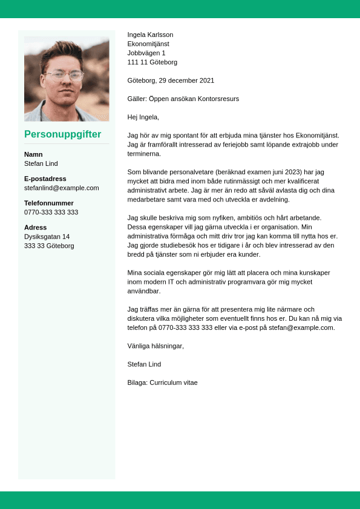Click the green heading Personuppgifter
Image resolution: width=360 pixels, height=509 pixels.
[x=62, y=134]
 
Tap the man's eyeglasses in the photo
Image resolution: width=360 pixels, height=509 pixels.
[x=65, y=76]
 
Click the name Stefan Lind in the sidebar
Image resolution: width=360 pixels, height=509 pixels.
[x=41, y=163]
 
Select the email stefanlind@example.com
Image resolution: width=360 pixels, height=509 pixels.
[x=62, y=188]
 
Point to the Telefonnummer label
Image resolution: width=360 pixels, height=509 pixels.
[x=49, y=203]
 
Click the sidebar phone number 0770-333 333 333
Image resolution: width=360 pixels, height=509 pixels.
[x=51, y=212]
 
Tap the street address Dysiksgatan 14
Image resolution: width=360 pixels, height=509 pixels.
[x=47, y=237]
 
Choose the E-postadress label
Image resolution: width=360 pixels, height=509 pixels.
[x=45, y=179]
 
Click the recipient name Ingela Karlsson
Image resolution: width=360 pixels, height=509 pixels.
[x=150, y=34]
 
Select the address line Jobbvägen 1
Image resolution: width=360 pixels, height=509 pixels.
[x=146, y=53]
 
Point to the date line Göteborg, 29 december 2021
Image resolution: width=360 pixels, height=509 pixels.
[x=171, y=80]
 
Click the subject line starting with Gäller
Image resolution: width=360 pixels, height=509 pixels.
[x=183, y=99]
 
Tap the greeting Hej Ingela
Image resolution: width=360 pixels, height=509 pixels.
[x=143, y=117]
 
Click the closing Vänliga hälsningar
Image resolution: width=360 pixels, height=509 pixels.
[x=155, y=346]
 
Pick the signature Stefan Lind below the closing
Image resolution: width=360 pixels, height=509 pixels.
[x=144, y=364]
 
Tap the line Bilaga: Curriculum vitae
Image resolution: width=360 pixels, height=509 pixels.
[x=162, y=383]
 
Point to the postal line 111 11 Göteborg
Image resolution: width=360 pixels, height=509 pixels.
[x=152, y=62]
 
